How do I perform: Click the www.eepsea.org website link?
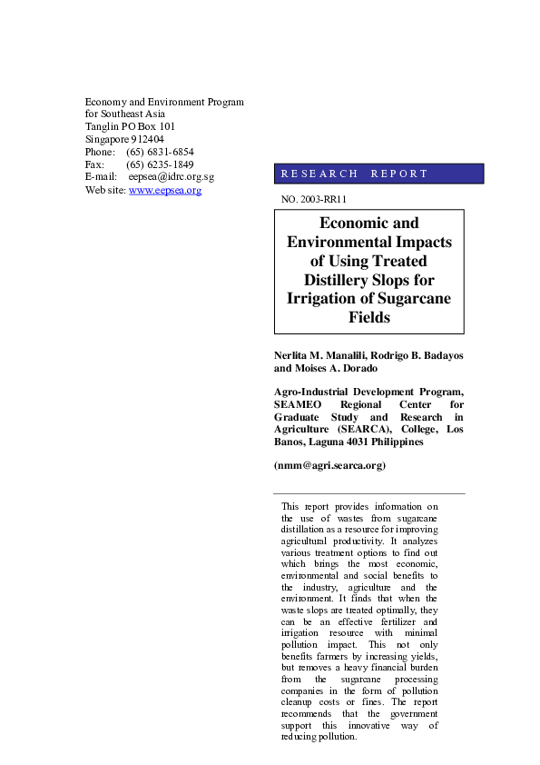[x=165, y=191]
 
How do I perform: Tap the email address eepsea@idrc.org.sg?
[x=171, y=178]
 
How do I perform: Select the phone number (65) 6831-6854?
[x=160, y=153]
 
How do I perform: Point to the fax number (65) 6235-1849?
[x=160, y=165]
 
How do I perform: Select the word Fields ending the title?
[x=369, y=318]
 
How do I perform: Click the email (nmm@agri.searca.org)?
[x=329, y=465]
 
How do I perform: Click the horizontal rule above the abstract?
[x=369, y=493]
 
